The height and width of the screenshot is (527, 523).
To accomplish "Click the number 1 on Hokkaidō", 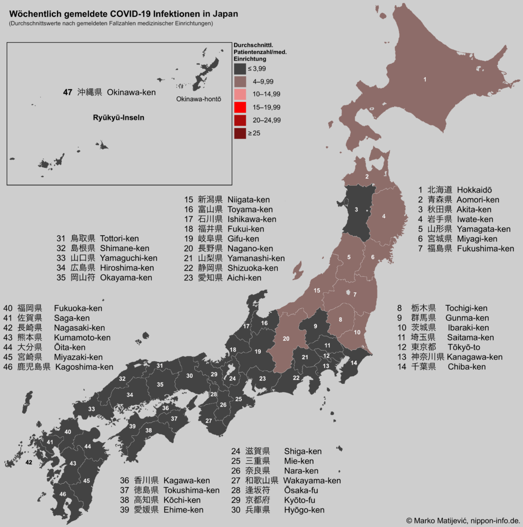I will (x=425, y=79).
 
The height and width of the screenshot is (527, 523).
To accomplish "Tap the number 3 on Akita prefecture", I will (x=356, y=209).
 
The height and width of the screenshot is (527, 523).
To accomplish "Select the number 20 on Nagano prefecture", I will (x=286, y=338).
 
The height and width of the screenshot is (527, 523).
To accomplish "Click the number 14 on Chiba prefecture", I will (x=353, y=363).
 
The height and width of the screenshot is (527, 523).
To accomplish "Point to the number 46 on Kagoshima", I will (x=63, y=494).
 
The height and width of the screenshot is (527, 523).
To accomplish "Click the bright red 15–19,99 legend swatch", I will (x=240, y=107).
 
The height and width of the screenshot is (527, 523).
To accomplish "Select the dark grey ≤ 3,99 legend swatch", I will (x=240, y=68).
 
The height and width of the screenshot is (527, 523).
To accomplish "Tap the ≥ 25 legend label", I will (x=254, y=133).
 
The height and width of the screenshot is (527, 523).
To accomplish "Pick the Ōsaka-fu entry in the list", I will (x=301, y=490).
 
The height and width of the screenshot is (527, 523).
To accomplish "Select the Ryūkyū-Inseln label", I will (x=118, y=117).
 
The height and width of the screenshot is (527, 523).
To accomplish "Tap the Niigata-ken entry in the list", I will (x=248, y=200).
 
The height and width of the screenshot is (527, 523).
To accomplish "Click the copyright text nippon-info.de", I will (x=494, y=520).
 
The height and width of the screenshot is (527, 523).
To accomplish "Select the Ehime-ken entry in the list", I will (x=183, y=510).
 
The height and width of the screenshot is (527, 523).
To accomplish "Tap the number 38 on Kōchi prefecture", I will (x=149, y=430).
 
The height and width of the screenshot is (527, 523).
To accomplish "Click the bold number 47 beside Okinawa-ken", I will (x=67, y=93).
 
